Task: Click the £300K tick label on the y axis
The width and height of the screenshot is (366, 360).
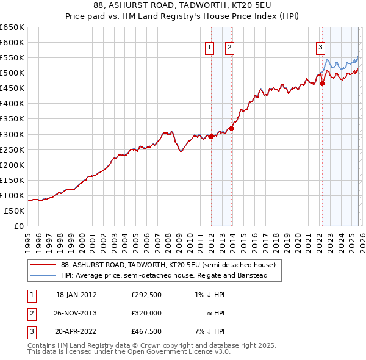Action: point(12,134)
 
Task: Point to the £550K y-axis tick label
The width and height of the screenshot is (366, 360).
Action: point(12,57)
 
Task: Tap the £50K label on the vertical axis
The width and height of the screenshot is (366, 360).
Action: point(14,211)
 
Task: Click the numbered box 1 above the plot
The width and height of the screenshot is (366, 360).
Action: point(209,48)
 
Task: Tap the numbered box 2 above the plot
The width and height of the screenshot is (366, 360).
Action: point(229,48)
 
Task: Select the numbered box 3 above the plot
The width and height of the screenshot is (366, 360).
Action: point(320,48)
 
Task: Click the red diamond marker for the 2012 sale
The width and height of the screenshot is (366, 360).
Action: point(211,136)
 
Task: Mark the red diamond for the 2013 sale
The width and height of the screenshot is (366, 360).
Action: point(231,128)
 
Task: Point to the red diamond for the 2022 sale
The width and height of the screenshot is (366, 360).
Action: point(322,83)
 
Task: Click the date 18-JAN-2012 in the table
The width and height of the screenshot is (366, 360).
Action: point(76,295)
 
